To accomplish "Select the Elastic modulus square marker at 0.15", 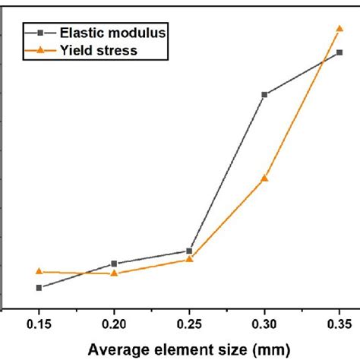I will tap(39, 287).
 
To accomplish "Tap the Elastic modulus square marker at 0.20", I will tap(114, 264).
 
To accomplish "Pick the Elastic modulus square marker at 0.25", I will tap(189, 251).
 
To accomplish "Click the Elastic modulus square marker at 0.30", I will tap(264, 94).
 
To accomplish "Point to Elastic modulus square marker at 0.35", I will tap(339, 52).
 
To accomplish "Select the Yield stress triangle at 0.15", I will tap(39, 271).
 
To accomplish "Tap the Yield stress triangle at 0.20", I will tap(114, 273).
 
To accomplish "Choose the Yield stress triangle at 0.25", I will tap(189, 259).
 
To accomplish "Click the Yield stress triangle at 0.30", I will tap(264, 178).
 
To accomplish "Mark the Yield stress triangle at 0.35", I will tap(339, 29).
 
